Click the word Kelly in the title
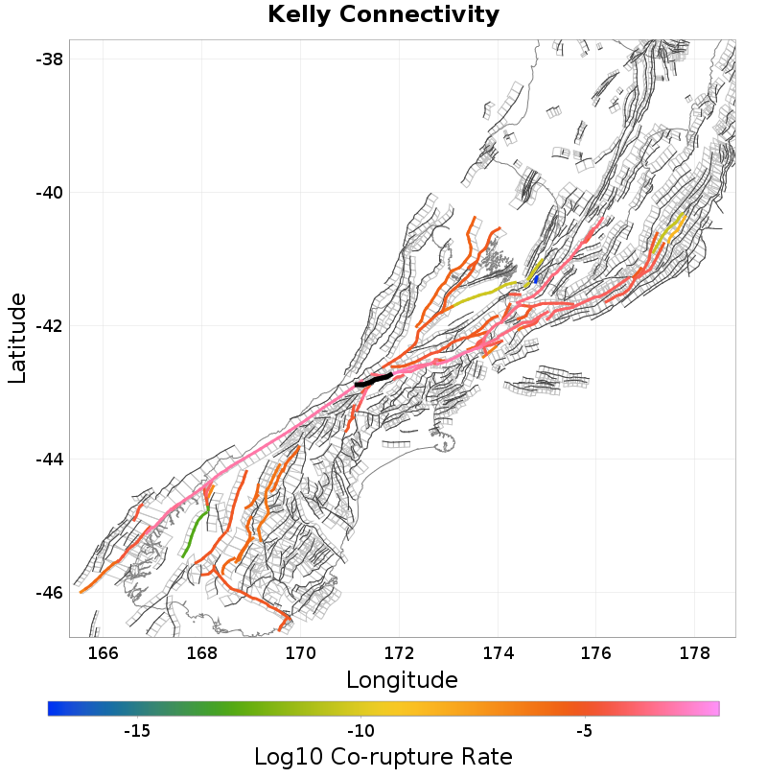tap(297, 15)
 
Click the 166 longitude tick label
tap(103, 654)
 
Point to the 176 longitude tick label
tap(596, 654)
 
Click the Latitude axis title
tap(18, 339)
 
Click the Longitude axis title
tap(402, 681)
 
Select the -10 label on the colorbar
tap(360, 731)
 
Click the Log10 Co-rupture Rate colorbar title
tap(383, 756)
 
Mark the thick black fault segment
tap(373, 380)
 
